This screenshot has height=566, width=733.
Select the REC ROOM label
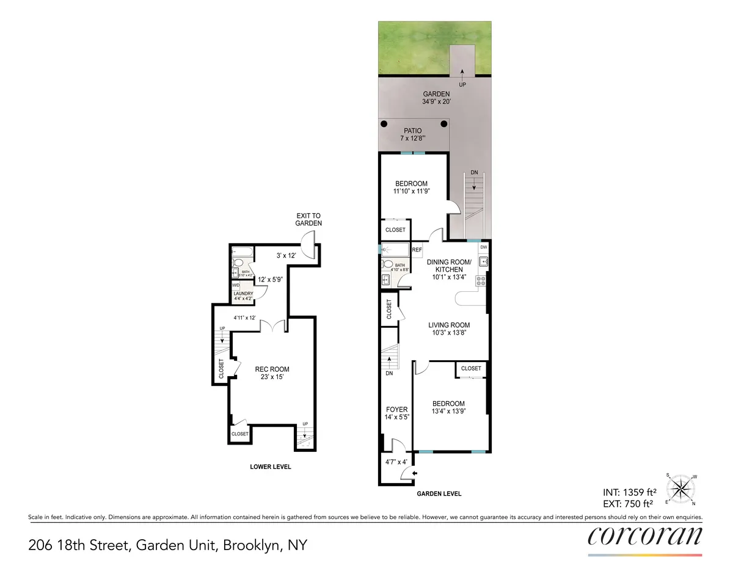272,369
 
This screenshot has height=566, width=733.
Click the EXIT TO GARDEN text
308,220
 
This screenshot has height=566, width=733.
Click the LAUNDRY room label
243,294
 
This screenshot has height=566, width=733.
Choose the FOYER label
396,410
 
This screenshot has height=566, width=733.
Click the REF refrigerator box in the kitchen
417,250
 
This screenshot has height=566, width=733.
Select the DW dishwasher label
483,247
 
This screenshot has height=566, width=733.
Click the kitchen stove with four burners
481,281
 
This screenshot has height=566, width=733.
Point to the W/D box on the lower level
235,285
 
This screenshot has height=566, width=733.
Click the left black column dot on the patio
385,125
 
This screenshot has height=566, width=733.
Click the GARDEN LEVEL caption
439,493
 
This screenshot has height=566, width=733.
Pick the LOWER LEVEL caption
271,467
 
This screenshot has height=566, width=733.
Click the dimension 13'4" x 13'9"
448,412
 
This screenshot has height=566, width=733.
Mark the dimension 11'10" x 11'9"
411,191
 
